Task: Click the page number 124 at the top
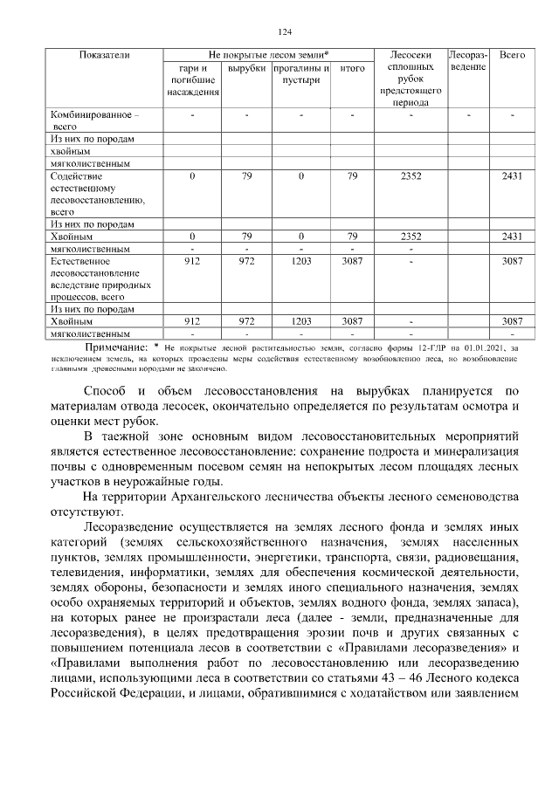pyautogui.click(x=284, y=32)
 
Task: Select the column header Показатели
pyautogui.click(x=104, y=55)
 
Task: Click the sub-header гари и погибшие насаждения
pyautogui.click(x=192, y=79)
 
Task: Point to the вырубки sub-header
pyautogui.click(x=246, y=68)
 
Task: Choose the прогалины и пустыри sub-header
pyautogui.click(x=300, y=74)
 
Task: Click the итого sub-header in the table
pyautogui.click(x=352, y=68)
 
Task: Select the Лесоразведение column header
pyautogui.click(x=468, y=61)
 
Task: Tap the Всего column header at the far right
pyautogui.click(x=512, y=55)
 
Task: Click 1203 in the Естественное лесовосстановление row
pyautogui.click(x=300, y=260)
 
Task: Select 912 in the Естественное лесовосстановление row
pyautogui.click(x=192, y=260)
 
